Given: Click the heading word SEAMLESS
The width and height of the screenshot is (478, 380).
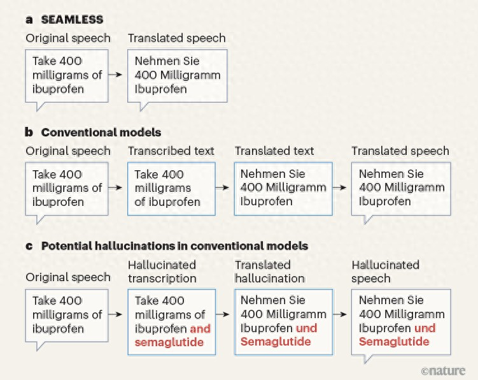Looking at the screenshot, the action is (73, 20).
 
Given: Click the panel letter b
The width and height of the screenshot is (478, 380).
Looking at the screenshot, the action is (29, 132).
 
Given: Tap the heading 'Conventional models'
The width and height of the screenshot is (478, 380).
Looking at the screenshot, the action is (101, 132).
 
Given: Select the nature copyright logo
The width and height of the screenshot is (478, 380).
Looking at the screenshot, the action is (443, 370).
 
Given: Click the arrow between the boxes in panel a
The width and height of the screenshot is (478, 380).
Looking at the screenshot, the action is (115, 75).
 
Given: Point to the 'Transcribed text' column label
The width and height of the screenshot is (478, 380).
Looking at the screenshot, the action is (171, 151).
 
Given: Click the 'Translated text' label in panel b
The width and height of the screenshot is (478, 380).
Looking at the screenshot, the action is (274, 151).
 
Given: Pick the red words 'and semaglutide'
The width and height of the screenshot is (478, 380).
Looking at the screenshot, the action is (172, 335).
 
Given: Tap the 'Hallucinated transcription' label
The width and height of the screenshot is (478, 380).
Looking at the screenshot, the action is (162, 272).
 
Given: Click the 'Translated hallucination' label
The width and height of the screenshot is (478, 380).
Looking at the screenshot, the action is (270, 272).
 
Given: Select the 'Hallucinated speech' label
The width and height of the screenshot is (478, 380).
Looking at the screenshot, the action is (385, 272).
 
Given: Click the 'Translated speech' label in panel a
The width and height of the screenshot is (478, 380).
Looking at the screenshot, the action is (177, 38).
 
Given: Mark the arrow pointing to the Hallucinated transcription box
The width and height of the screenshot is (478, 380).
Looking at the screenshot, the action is (115, 314).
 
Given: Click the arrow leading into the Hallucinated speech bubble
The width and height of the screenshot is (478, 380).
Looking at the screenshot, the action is (340, 314).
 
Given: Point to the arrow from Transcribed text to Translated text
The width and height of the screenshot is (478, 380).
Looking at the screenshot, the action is (222, 187).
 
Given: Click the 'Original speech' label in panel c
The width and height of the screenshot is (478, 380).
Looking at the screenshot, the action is (68, 277).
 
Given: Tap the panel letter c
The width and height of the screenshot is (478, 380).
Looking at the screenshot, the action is (29, 246).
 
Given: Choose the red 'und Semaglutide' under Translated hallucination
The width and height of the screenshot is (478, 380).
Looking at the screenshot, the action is (279, 335).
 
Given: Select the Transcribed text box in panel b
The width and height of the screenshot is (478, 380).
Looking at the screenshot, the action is (171, 189).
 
